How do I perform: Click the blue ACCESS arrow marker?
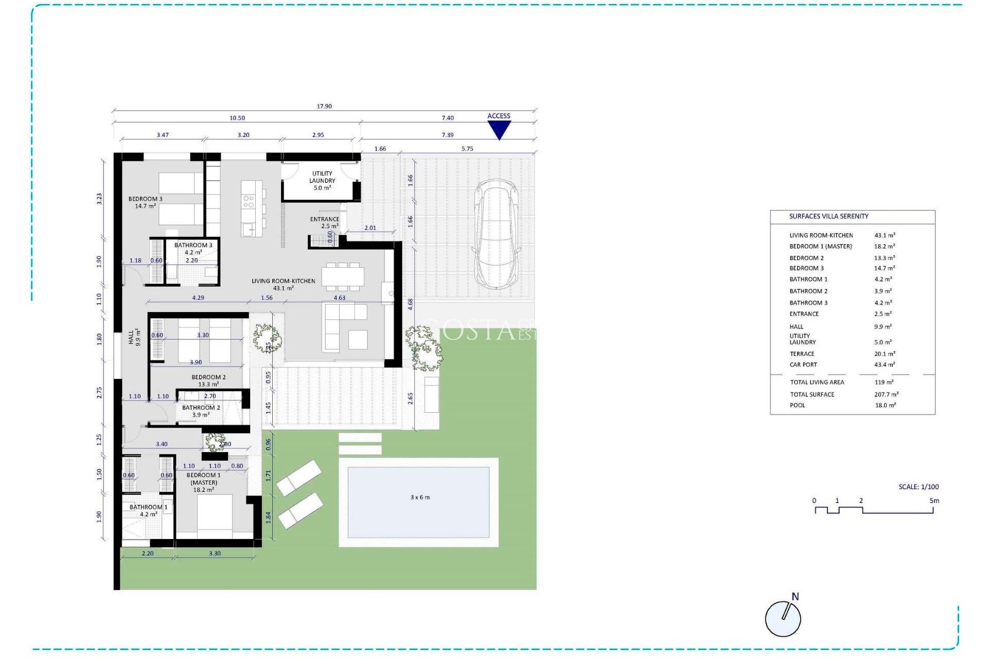[499, 129]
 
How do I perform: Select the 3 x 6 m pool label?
[420, 497]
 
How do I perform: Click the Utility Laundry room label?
[322, 181]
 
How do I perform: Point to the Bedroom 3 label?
[145, 202]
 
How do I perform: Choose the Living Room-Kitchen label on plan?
[283, 284]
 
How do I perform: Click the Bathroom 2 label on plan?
[201, 411]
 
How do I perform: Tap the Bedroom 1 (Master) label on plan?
[204, 482]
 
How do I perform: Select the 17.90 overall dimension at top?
[324, 107]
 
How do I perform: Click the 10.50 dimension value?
[237, 118]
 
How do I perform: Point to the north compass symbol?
[783, 617]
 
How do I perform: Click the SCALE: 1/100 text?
[919, 487]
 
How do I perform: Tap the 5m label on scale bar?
[934, 500]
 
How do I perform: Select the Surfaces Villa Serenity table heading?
[828, 216]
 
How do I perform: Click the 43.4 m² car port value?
[885, 365]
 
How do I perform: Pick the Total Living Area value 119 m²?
[884, 382]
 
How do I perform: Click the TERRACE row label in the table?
[802, 354]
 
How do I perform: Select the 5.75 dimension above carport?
[467, 149]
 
